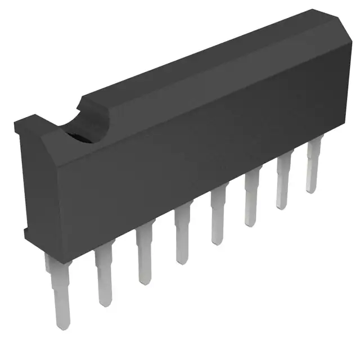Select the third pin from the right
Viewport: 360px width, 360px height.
pyautogui.click(x=251, y=200)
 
